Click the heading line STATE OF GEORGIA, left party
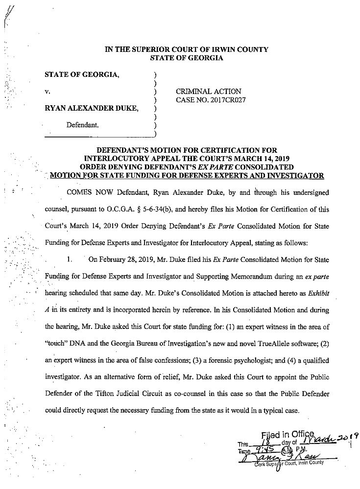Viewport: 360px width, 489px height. click(82, 75)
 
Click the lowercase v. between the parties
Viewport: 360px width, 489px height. click(47, 92)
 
